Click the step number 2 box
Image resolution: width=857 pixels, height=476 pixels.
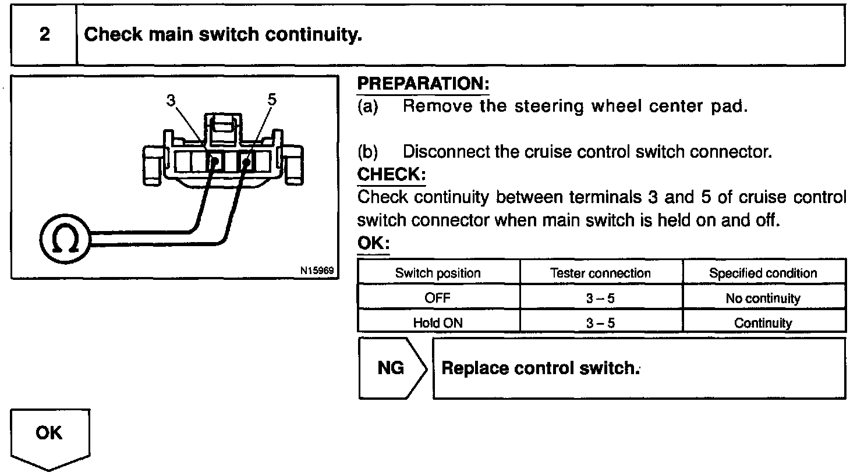(x=44, y=35)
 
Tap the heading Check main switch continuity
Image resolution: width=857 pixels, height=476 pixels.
(x=223, y=35)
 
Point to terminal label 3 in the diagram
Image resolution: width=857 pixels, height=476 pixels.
(x=171, y=101)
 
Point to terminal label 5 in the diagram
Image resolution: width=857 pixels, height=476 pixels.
(x=272, y=100)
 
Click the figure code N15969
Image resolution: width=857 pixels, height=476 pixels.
(x=317, y=271)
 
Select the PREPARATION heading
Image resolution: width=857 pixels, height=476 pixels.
(x=423, y=84)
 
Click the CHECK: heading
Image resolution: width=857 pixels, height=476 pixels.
(x=391, y=174)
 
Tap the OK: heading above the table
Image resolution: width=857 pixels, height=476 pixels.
(x=373, y=243)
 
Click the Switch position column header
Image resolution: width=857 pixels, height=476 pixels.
(x=438, y=273)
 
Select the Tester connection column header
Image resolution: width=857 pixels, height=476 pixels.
(x=600, y=273)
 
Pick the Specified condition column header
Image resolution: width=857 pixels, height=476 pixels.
(x=763, y=273)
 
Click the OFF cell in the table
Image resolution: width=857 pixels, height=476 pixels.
(x=438, y=298)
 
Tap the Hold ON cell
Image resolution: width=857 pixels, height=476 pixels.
(x=438, y=322)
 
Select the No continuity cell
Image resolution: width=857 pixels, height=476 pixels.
(x=763, y=299)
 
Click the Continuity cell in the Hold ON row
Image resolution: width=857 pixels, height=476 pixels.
(x=763, y=323)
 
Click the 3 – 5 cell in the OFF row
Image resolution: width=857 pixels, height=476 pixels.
(x=600, y=299)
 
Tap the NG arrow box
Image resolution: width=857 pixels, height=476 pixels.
(x=391, y=368)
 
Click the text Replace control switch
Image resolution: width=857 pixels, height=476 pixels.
(x=540, y=368)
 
